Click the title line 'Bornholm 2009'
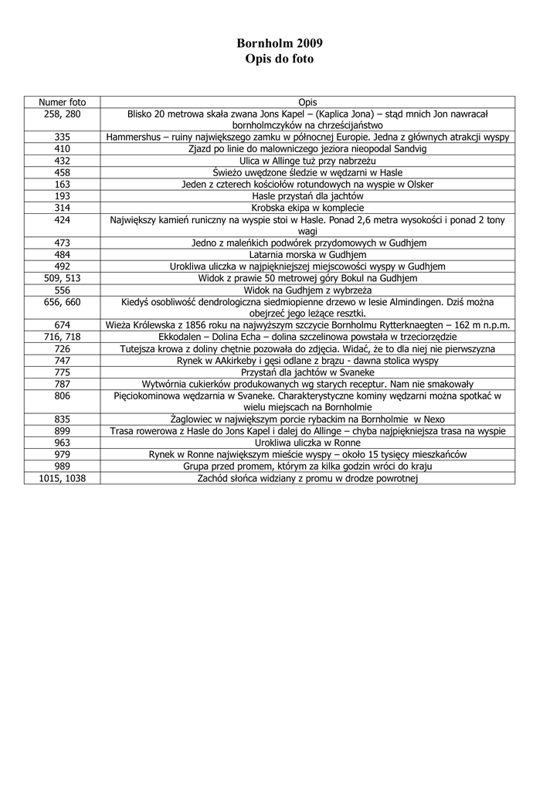pyautogui.click(x=280, y=43)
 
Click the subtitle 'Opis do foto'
pyautogui.click(x=280, y=59)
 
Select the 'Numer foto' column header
pyautogui.click(x=63, y=102)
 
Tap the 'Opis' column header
pyautogui.click(x=307, y=102)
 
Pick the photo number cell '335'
pyautogui.click(x=63, y=137)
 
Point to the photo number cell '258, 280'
pyautogui.click(x=63, y=114)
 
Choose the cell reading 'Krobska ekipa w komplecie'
pyautogui.click(x=307, y=208)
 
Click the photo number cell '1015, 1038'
pyautogui.click(x=63, y=479)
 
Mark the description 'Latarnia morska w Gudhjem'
pyautogui.click(x=307, y=254)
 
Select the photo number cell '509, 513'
pyautogui.click(x=63, y=277)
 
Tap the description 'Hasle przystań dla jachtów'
pyautogui.click(x=307, y=196)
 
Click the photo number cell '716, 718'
pyautogui.click(x=63, y=337)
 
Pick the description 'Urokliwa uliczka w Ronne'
pyautogui.click(x=307, y=443)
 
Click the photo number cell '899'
pyautogui.click(x=63, y=432)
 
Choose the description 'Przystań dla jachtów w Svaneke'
pyautogui.click(x=307, y=372)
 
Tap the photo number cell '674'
pyautogui.click(x=63, y=325)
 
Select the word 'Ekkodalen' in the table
pyautogui.click(x=178, y=337)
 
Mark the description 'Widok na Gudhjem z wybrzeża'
pyautogui.click(x=307, y=290)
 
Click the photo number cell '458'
pyautogui.click(x=63, y=172)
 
